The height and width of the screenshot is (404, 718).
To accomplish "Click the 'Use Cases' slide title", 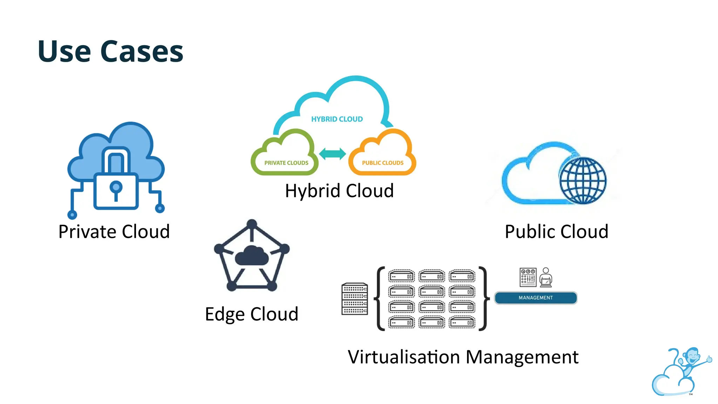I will (x=110, y=52).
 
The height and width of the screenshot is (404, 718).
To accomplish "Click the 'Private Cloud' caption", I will (x=114, y=231).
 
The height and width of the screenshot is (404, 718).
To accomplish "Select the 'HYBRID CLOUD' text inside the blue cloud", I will (x=337, y=119).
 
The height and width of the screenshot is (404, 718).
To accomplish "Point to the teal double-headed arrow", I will (x=332, y=154).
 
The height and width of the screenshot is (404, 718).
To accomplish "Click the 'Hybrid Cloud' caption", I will (x=339, y=191).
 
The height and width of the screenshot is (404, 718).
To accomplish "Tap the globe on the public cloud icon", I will (x=582, y=180).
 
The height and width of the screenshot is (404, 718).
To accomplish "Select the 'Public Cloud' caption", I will (x=556, y=231).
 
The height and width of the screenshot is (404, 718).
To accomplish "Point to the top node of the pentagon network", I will (x=252, y=224).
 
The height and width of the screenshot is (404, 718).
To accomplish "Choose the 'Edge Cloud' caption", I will (x=252, y=314).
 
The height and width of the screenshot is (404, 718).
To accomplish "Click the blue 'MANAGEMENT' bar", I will (x=535, y=298).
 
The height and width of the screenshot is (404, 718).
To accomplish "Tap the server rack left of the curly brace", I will (x=354, y=299).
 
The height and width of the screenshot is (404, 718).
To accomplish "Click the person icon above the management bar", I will (x=546, y=277).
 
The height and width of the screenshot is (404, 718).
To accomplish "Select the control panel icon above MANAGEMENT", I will (x=528, y=277).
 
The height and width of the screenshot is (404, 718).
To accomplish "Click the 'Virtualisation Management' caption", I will (x=463, y=357).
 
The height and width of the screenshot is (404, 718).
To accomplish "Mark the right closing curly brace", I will (x=484, y=298).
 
